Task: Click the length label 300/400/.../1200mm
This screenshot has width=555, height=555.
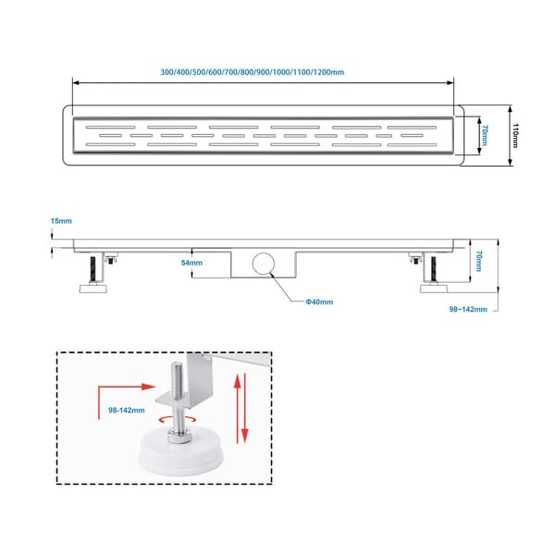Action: coord(252,72)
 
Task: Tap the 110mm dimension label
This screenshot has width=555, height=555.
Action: coord(516,135)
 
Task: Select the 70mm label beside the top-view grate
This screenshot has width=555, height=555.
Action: coord(485,135)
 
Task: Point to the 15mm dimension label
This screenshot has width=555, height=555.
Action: coord(61,221)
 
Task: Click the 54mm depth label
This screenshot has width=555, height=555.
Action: coord(191,263)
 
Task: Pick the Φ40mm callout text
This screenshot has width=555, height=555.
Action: coord(319,302)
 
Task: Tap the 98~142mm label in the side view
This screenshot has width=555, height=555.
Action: coord(468,309)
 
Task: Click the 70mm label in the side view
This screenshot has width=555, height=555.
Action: coord(479,261)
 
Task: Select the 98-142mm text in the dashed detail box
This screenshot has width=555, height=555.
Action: coord(127,410)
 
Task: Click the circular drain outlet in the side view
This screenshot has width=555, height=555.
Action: coord(264,264)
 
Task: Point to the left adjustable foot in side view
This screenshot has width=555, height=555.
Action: coord(92,275)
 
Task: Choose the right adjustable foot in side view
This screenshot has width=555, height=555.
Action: coord(434,275)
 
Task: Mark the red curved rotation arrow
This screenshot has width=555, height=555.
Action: coord(178,420)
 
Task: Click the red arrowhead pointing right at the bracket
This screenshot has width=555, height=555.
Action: coord(148,387)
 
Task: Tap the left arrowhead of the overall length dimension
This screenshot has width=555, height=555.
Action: coord(76,83)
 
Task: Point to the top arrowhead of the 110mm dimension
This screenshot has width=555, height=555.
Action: coord(510,108)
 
